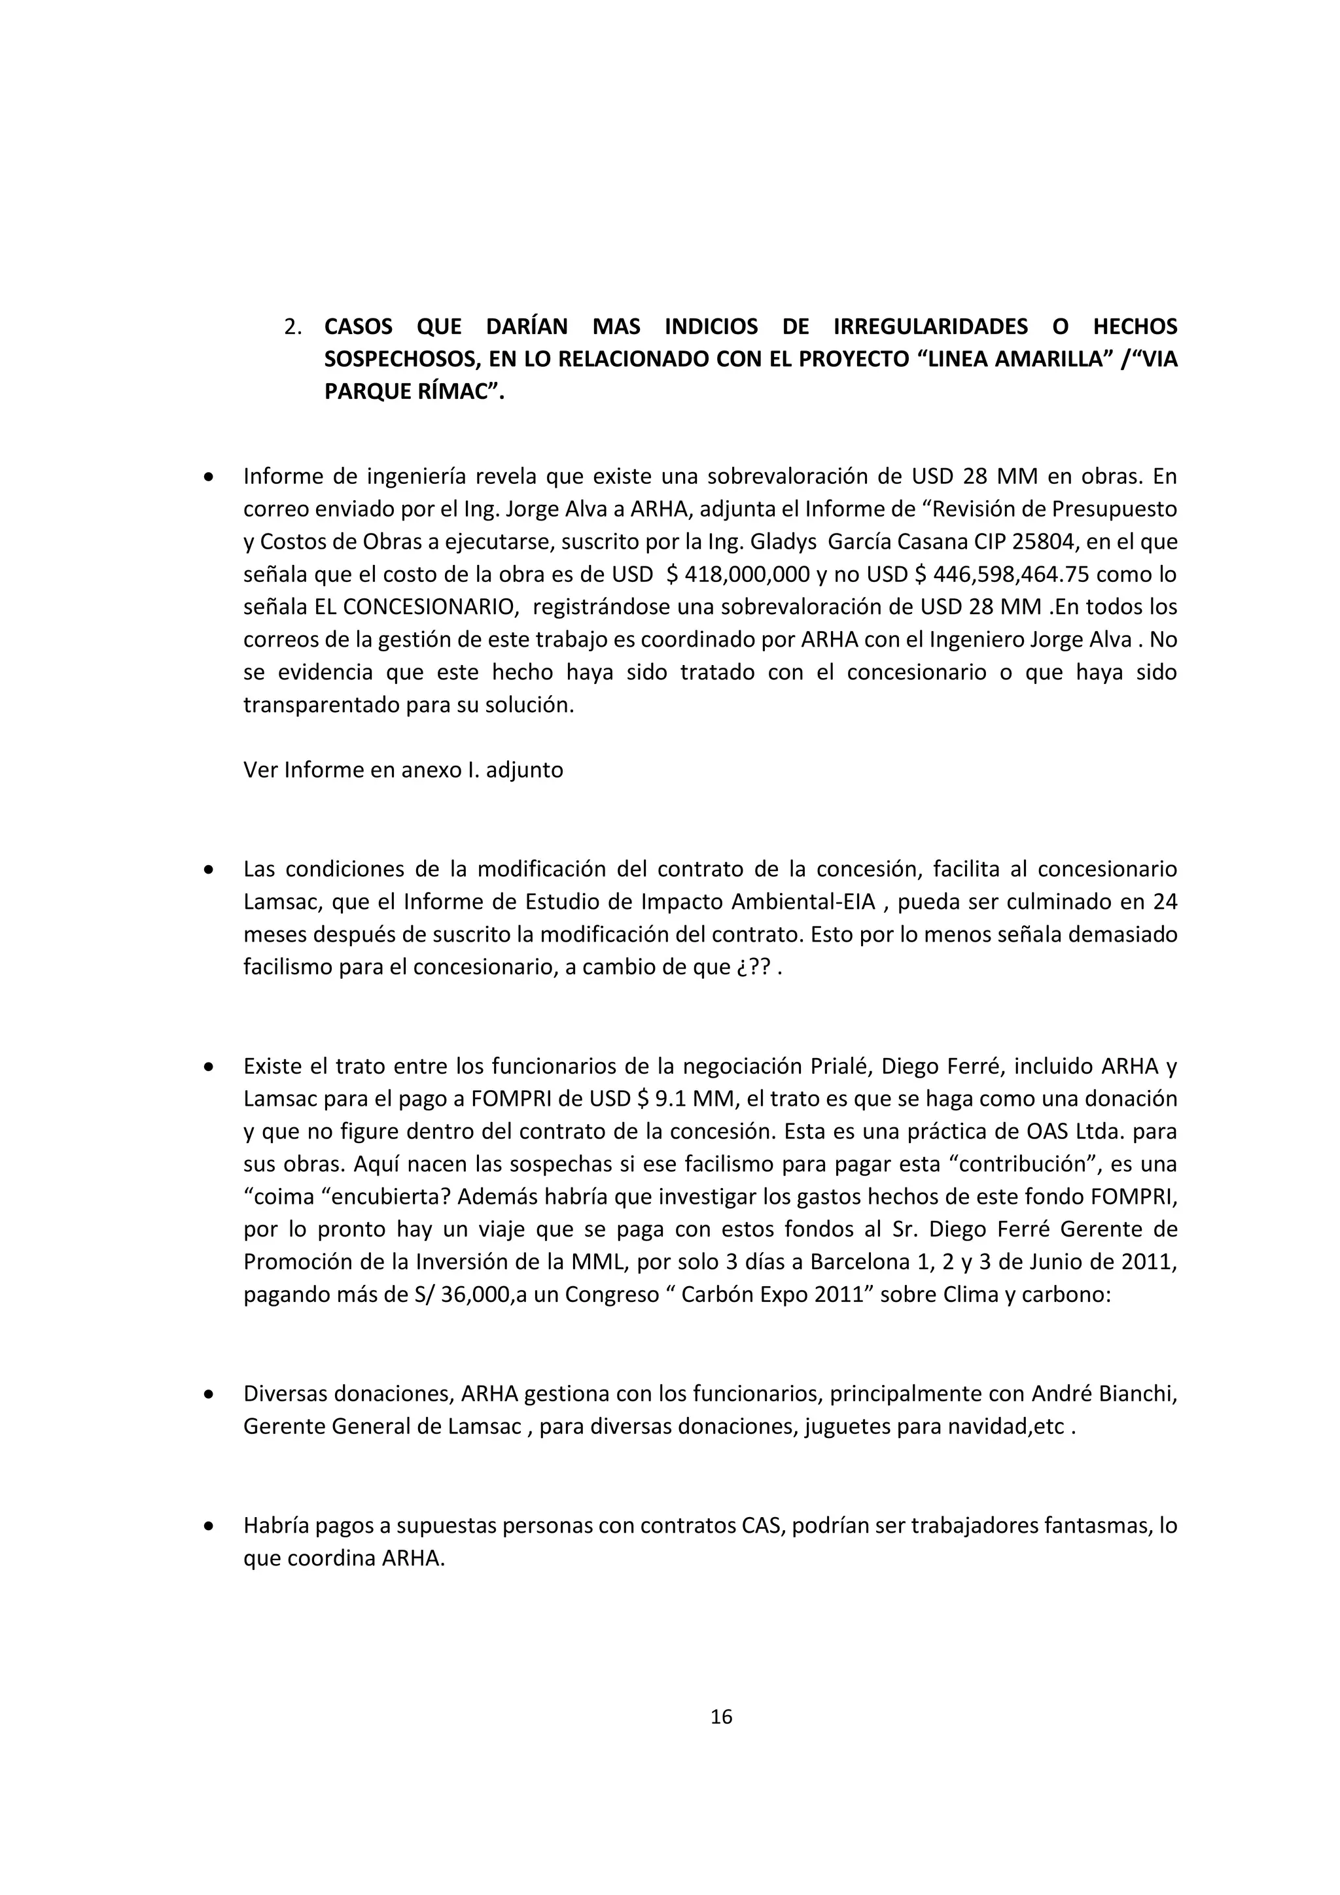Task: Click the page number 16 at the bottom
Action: [x=721, y=1716]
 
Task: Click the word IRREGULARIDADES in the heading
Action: [x=930, y=327]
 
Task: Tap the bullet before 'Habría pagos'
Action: [x=210, y=1526]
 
